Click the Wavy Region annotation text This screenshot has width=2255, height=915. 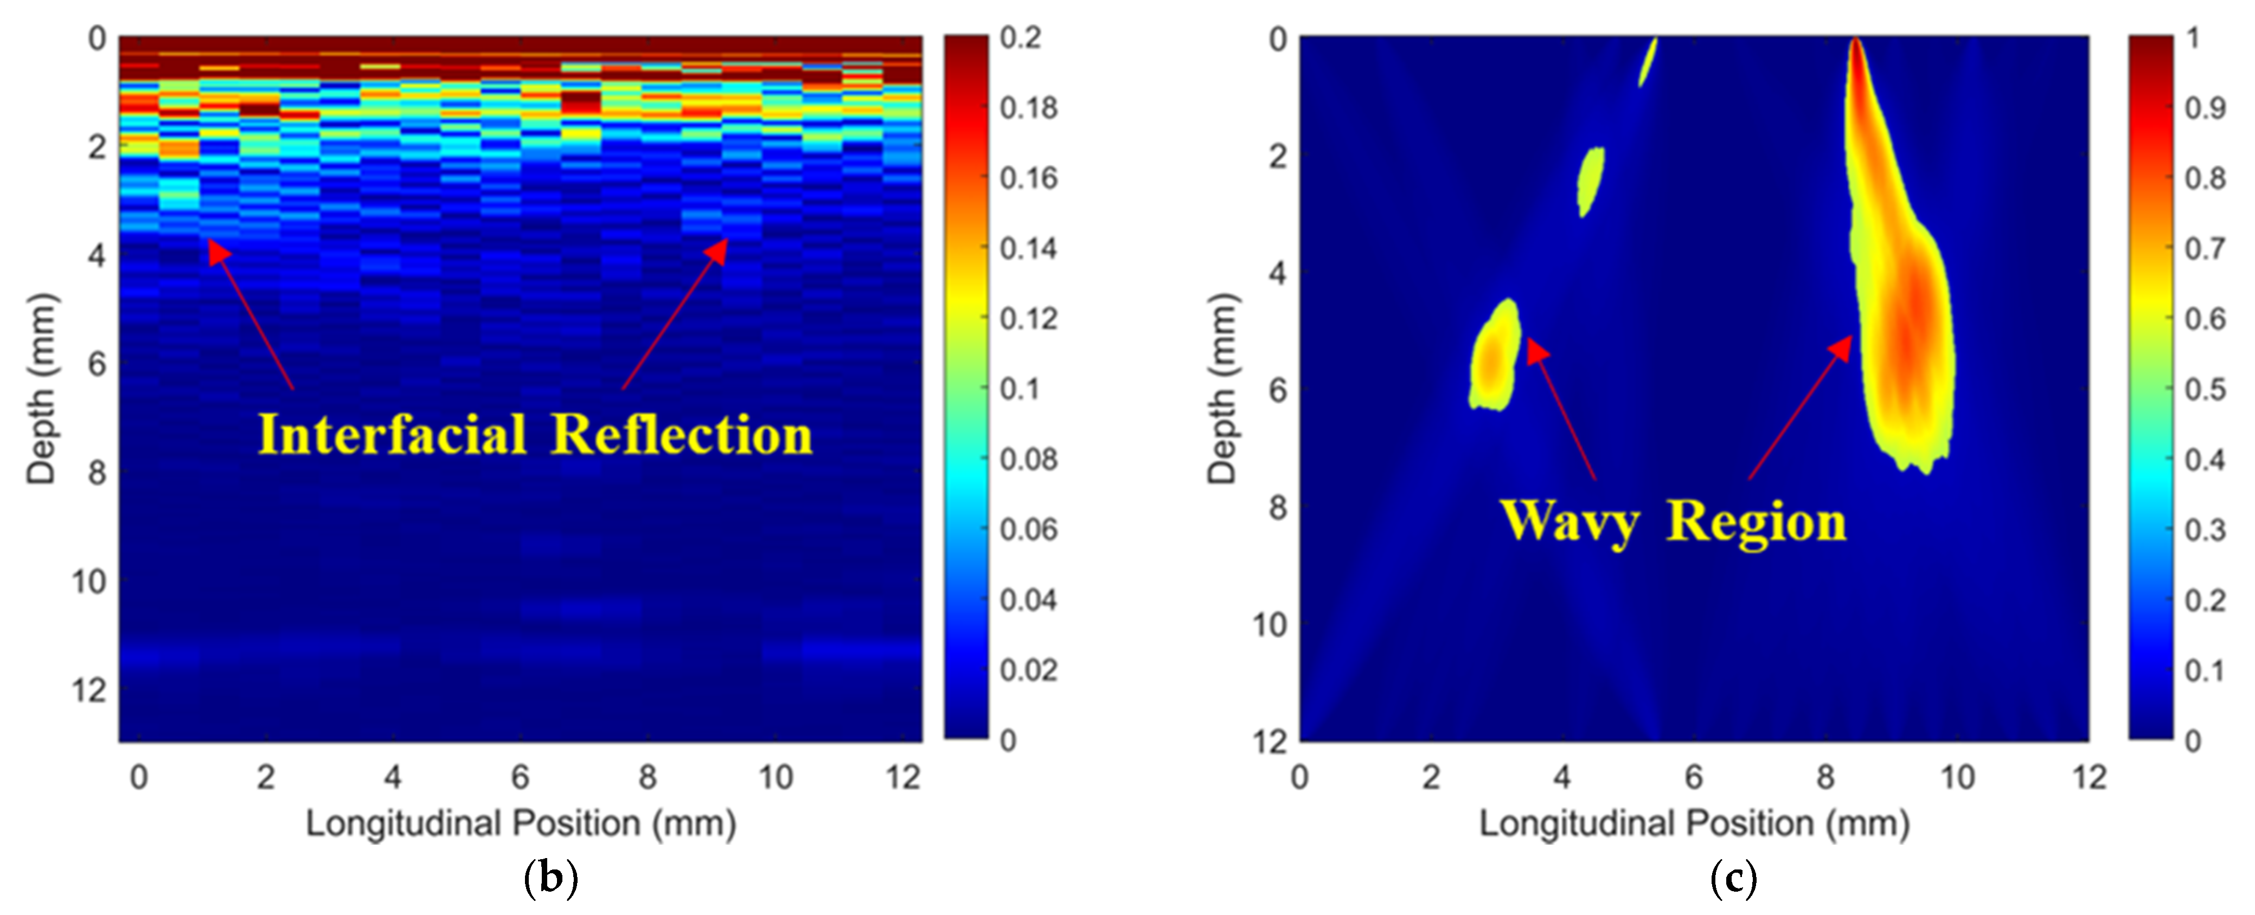(x=1674, y=522)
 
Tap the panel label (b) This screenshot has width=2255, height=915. (x=550, y=878)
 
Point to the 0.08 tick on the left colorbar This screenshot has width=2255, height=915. (x=1029, y=459)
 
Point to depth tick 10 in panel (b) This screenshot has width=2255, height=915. (x=89, y=581)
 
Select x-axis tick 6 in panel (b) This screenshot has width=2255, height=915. (x=520, y=777)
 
